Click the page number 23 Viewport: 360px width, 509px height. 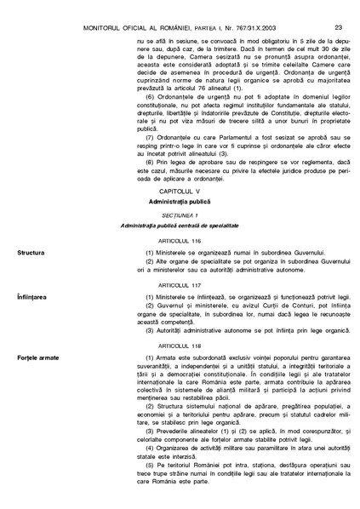[x=338, y=8]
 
